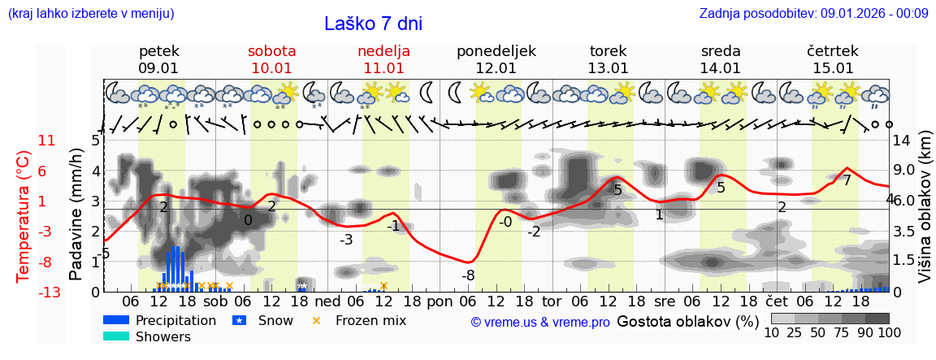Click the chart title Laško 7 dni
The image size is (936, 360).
pos(373,24)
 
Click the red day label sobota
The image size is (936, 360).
pos(271,51)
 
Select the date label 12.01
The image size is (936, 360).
pos(496,68)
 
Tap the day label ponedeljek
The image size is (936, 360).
pos(496,51)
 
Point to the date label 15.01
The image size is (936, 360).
pos(834,68)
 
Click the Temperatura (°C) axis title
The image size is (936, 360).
pos(23,215)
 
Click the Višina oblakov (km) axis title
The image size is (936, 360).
pos(924,215)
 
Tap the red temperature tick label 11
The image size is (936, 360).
pos(47,141)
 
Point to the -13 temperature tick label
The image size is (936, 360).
pos(45,293)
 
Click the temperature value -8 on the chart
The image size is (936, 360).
pos(468,275)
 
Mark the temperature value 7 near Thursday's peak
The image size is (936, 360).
pos(847,180)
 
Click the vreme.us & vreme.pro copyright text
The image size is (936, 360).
pos(540,322)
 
